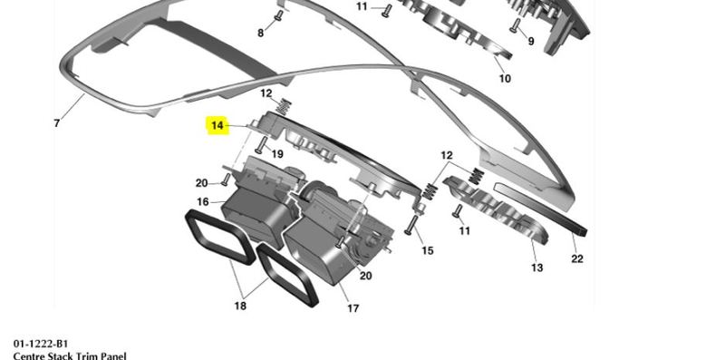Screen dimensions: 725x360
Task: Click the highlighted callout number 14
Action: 217,125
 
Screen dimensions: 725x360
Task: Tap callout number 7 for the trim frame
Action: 56,123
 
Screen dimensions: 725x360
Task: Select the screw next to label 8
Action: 278,15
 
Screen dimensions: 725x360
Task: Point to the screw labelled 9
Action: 514,25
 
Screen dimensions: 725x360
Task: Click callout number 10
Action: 505,79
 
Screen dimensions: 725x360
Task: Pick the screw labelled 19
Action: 260,145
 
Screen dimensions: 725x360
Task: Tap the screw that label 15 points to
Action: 411,225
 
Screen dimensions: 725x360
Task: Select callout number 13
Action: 536,267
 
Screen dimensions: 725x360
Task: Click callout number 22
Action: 577,258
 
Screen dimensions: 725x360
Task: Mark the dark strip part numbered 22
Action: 540,208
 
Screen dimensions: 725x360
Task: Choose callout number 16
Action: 203,201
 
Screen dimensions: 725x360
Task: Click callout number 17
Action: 353,308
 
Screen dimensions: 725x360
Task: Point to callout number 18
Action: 240,306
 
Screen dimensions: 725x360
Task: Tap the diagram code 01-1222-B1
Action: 41,344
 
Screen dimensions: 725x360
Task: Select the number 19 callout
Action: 277,154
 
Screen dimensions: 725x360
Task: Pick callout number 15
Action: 428,251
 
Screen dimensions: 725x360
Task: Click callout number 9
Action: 531,41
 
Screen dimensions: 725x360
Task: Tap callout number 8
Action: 261,33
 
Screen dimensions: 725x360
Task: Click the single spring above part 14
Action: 283,106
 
